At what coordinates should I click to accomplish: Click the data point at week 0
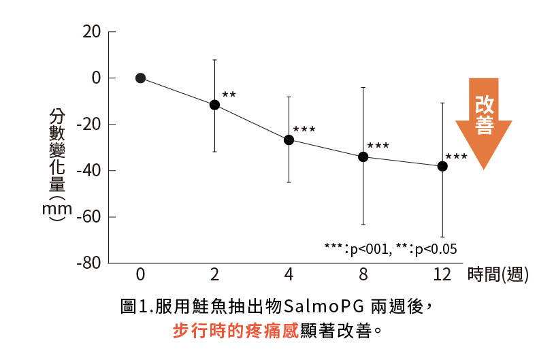tap(140, 78)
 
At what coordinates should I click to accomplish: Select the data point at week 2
tap(214, 105)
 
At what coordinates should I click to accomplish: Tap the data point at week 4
tap(289, 140)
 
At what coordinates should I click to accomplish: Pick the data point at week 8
tap(363, 157)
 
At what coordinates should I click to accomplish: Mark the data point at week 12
tap(442, 166)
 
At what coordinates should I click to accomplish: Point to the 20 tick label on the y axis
tap(91, 32)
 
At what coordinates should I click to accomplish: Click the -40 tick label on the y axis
tap(88, 170)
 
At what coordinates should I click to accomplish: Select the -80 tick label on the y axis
tap(88, 263)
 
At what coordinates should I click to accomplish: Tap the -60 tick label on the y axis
tap(88, 217)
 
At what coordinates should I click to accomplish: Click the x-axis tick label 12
tap(442, 275)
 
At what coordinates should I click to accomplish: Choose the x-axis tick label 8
tap(363, 275)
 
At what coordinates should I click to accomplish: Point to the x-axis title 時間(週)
tap(498, 275)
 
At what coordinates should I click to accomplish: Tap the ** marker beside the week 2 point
tap(229, 95)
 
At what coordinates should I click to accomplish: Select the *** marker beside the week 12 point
tap(456, 157)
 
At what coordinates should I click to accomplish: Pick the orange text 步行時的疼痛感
tap(235, 331)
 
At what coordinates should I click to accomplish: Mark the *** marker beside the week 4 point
tap(304, 129)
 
